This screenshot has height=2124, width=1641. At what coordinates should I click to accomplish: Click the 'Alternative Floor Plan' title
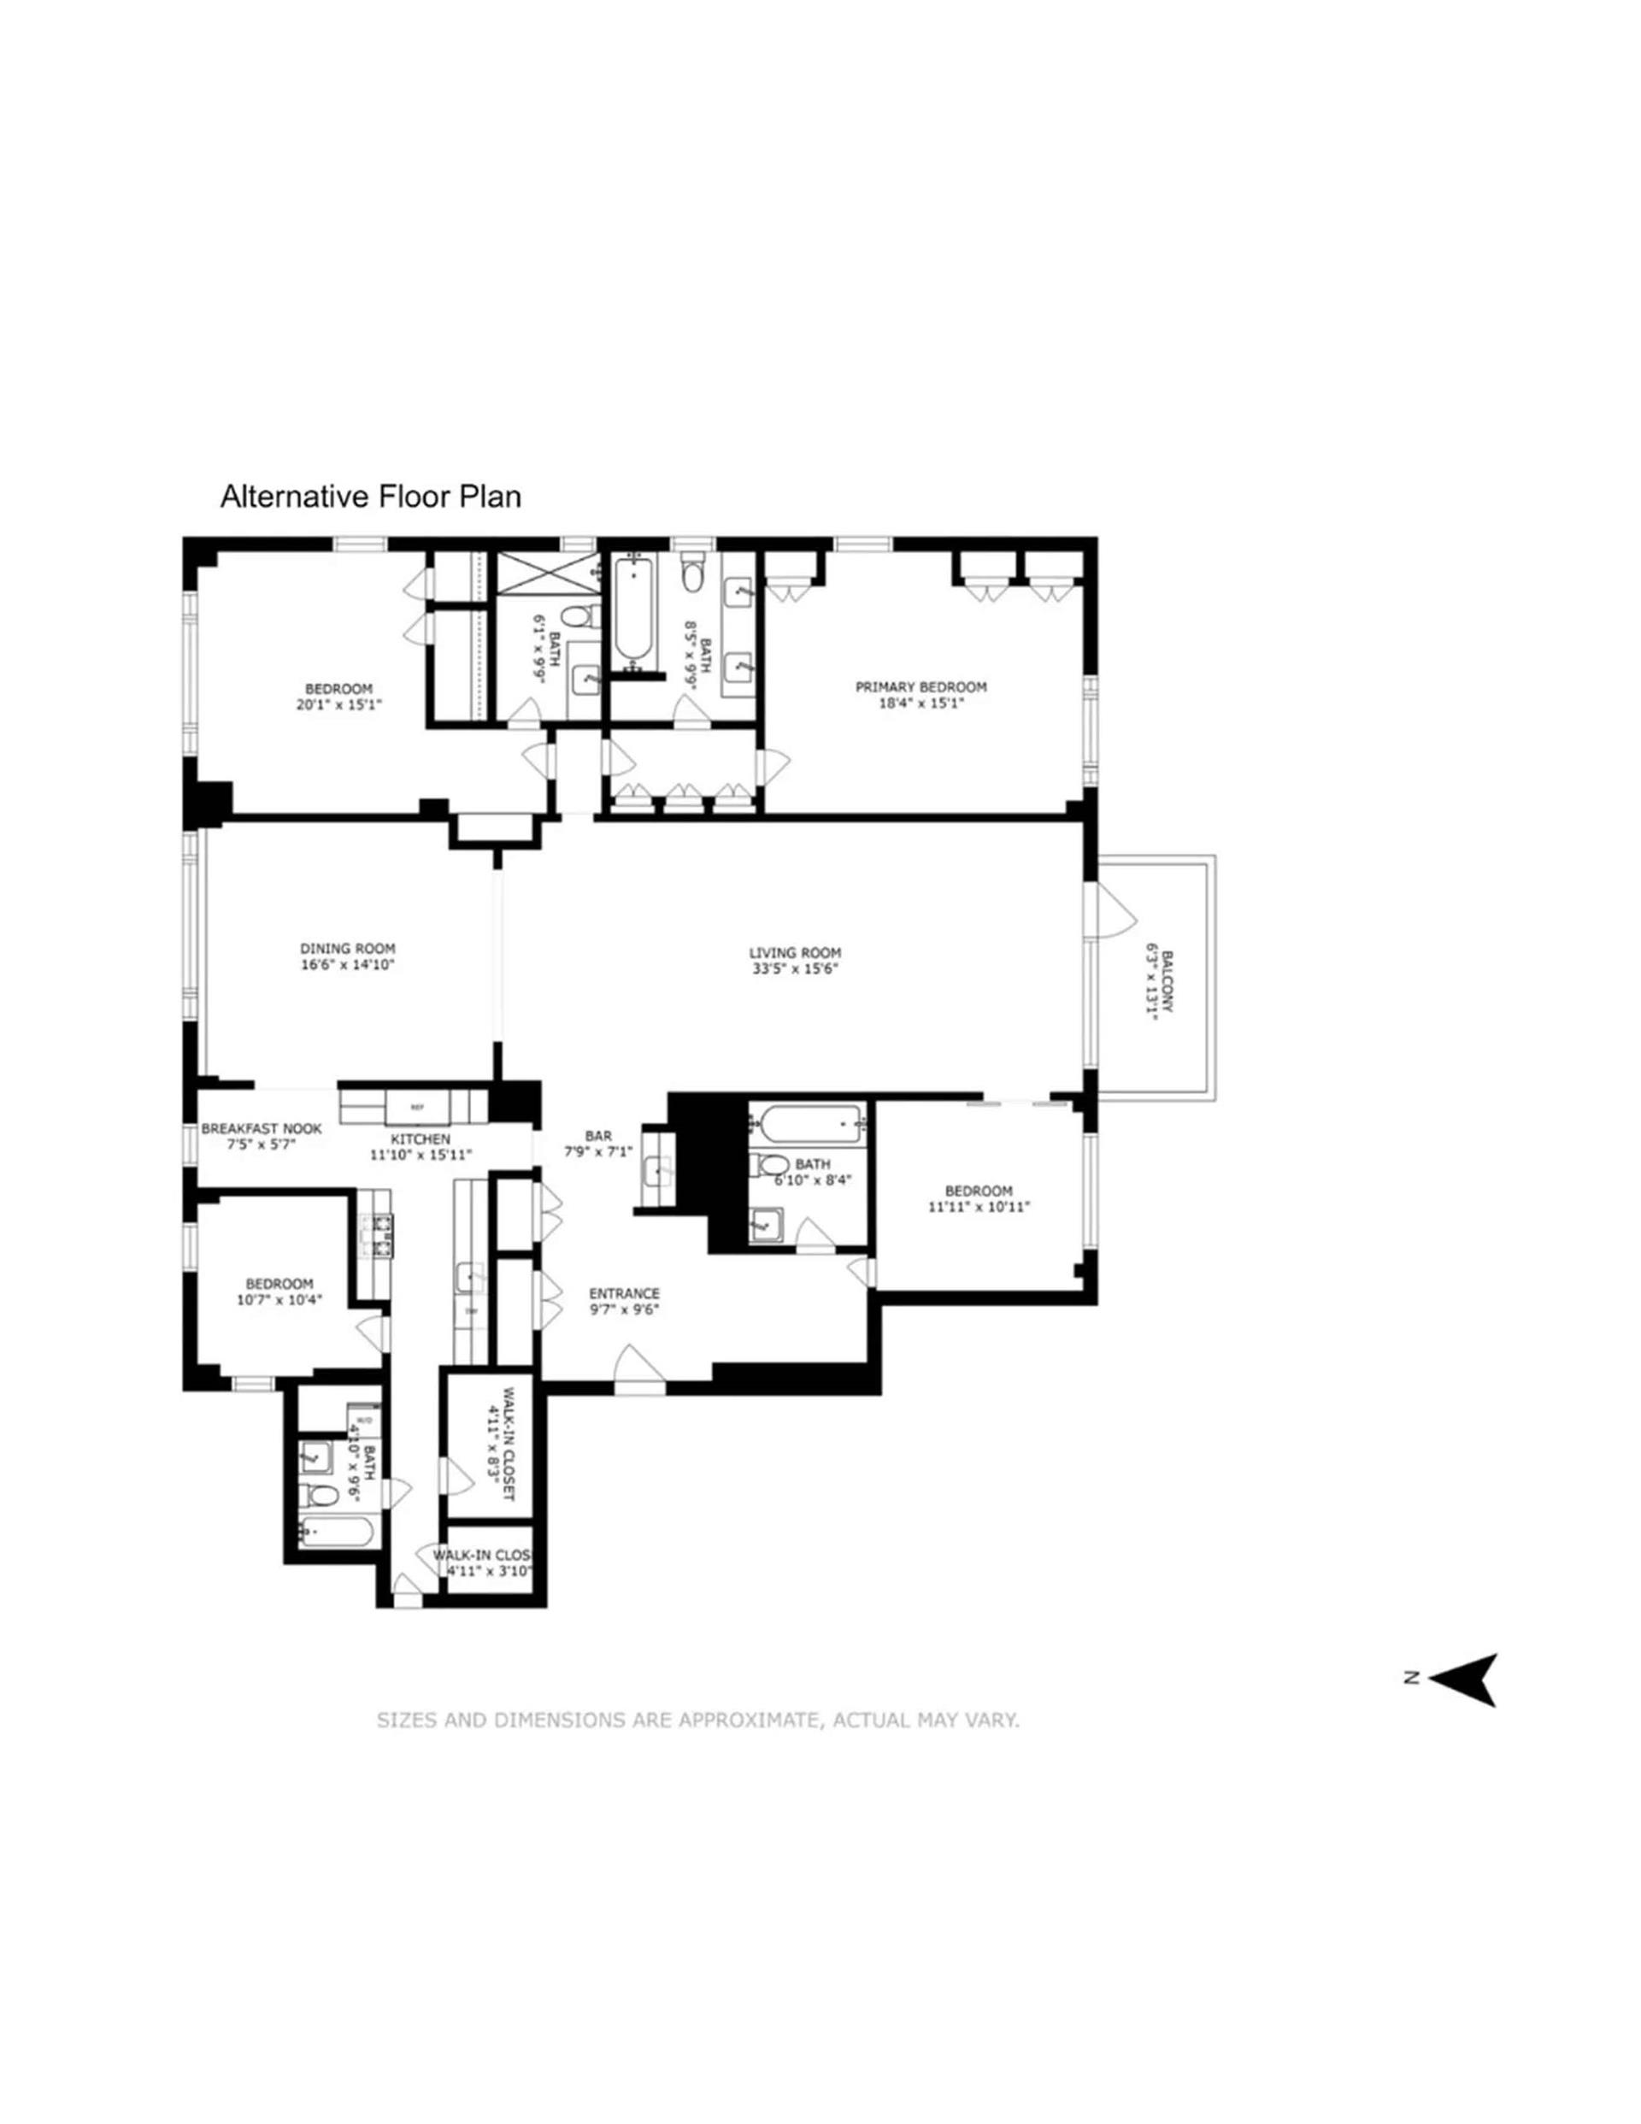tap(369, 497)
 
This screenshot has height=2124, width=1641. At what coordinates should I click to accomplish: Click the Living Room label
tap(794, 953)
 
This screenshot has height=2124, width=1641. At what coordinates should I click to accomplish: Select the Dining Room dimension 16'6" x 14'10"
tap(347, 966)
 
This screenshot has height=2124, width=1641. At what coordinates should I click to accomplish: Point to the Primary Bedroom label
tap(920, 686)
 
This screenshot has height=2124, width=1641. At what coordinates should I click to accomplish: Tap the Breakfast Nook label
tap(261, 1129)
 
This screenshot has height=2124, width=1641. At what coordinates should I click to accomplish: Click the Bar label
tap(597, 1135)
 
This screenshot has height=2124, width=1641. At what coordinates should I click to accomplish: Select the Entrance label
tap(624, 1293)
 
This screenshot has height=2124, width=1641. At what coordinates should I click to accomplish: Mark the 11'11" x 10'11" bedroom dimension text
tap(979, 1207)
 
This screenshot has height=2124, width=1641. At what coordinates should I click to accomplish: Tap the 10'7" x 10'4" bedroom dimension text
tap(279, 1299)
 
